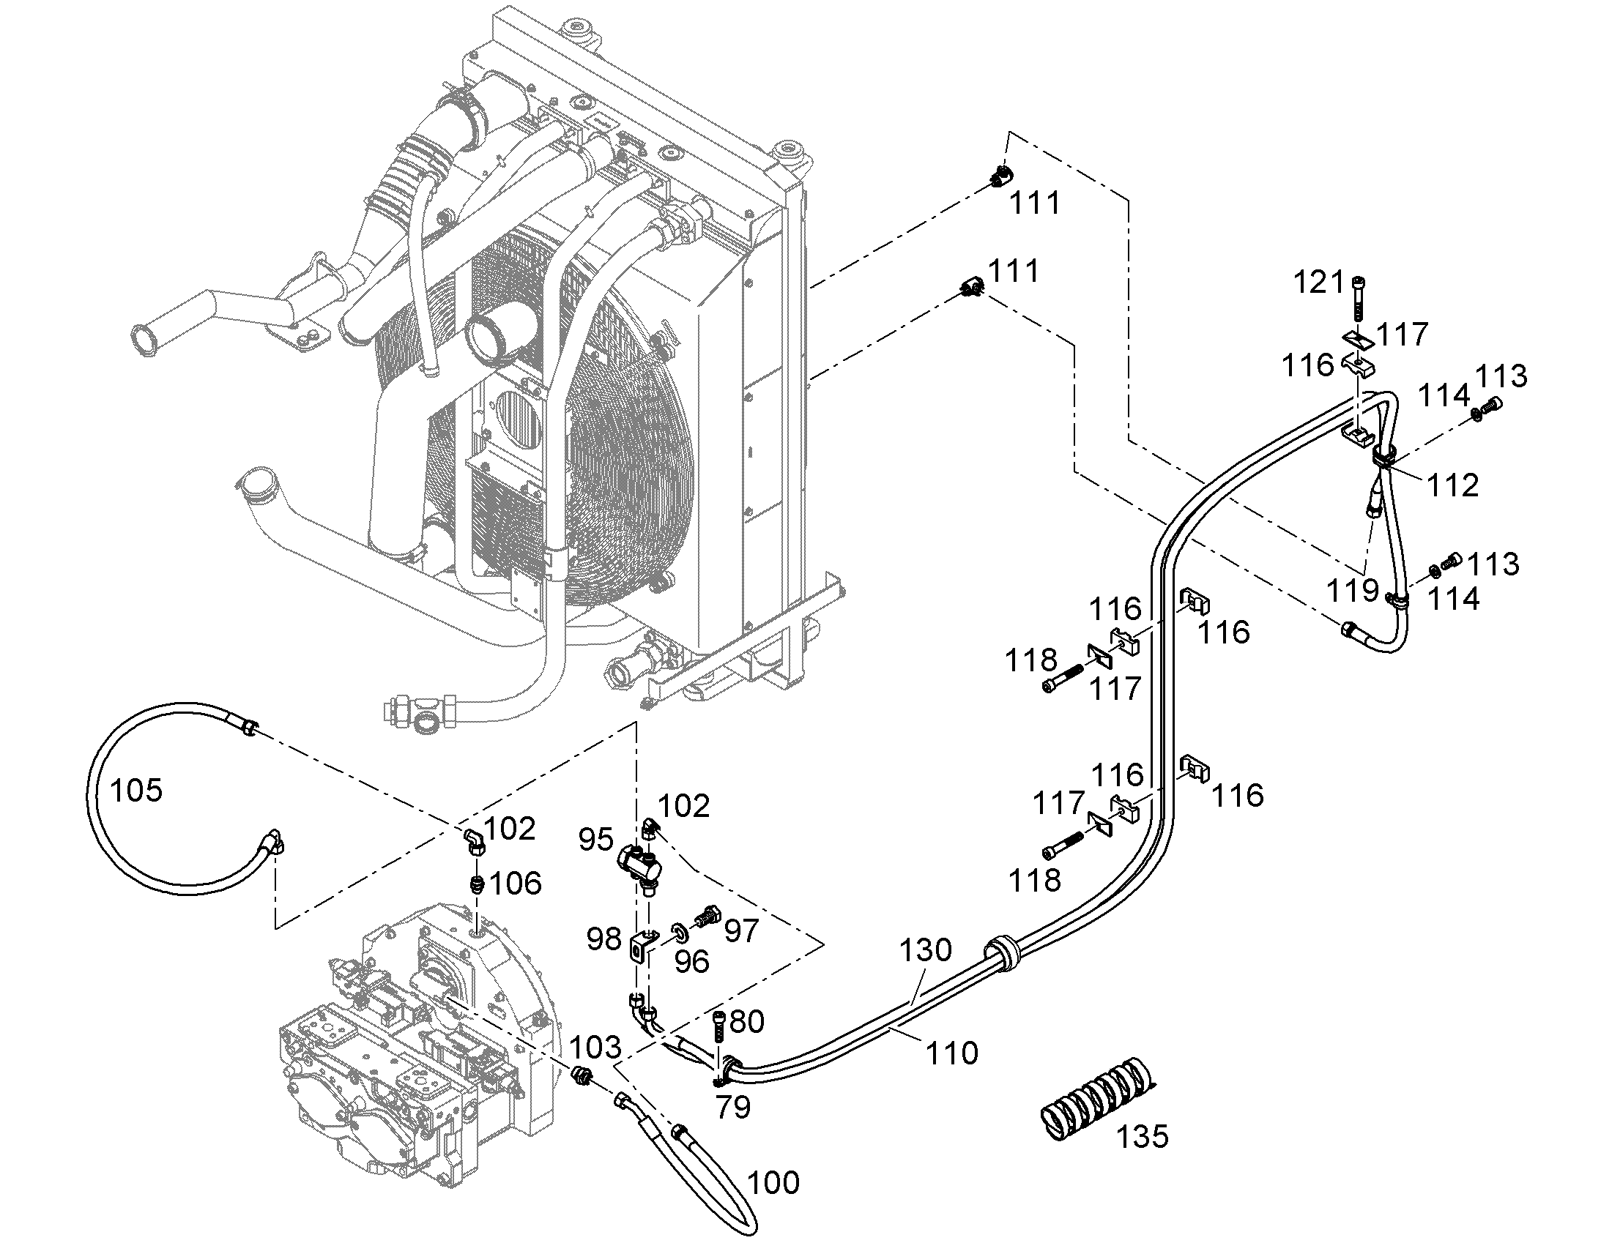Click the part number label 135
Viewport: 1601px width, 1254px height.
(1142, 1137)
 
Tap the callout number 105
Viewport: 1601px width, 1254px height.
(136, 791)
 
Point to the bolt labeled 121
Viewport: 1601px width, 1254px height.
(1357, 299)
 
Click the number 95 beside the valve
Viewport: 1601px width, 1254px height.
(595, 840)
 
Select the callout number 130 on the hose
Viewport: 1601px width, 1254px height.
(925, 950)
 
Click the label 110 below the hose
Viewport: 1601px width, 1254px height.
(953, 1053)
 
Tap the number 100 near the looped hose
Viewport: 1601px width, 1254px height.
(773, 1183)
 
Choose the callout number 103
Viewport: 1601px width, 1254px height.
(595, 1048)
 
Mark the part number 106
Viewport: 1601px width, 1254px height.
(516, 884)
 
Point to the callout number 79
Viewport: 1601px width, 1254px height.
(733, 1107)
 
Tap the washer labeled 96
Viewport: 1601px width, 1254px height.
(680, 932)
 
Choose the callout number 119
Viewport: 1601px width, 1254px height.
(1353, 590)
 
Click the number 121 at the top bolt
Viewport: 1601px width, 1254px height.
(1319, 282)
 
